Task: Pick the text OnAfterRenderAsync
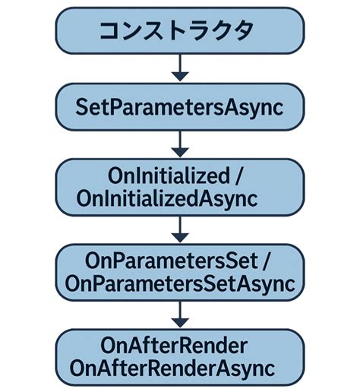point(179,368)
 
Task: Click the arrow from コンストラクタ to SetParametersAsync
point(179,68)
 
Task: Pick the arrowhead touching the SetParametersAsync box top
point(179,77)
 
